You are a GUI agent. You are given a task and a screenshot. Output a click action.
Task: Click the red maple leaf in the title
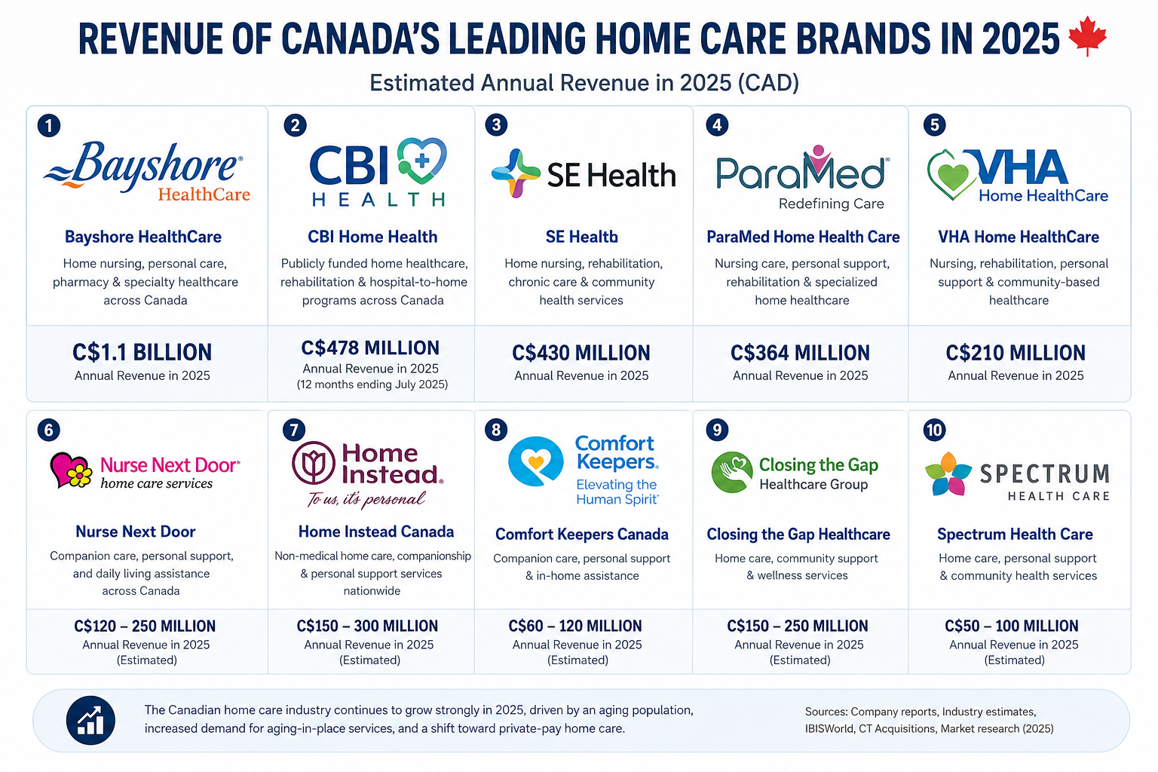(x=1087, y=35)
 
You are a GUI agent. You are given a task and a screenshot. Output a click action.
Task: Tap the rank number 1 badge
(x=49, y=126)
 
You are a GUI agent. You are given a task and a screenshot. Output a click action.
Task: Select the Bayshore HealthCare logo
(x=147, y=172)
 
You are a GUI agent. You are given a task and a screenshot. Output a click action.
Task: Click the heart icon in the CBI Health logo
(x=421, y=161)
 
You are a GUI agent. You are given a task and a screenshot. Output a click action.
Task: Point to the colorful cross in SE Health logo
(x=516, y=173)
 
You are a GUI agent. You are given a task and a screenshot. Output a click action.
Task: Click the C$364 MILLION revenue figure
(x=800, y=353)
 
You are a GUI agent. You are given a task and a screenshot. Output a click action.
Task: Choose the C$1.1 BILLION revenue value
(x=142, y=353)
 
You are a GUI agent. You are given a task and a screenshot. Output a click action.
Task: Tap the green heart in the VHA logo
(x=952, y=175)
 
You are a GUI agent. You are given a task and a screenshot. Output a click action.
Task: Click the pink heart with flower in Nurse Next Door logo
(x=72, y=470)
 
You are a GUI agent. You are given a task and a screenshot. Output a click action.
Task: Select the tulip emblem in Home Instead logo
(x=314, y=462)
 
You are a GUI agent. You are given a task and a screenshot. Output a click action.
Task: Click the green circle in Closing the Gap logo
(x=731, y=472)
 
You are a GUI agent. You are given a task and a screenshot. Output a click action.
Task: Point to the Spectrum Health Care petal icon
(x=948, y=474)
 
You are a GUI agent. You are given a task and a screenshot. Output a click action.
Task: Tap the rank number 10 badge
(x=934, y=430)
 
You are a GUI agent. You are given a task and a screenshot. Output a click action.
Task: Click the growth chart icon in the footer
(x=90, y=720)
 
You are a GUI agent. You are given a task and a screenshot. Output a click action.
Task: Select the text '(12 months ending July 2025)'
(x=372, y=384)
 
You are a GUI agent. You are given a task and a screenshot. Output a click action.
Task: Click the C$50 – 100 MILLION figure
(x=1012, y=626)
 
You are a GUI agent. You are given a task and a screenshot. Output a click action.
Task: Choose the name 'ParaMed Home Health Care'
(x=803, y=237)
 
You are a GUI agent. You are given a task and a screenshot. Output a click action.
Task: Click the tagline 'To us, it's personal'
(x=366, y=500)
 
